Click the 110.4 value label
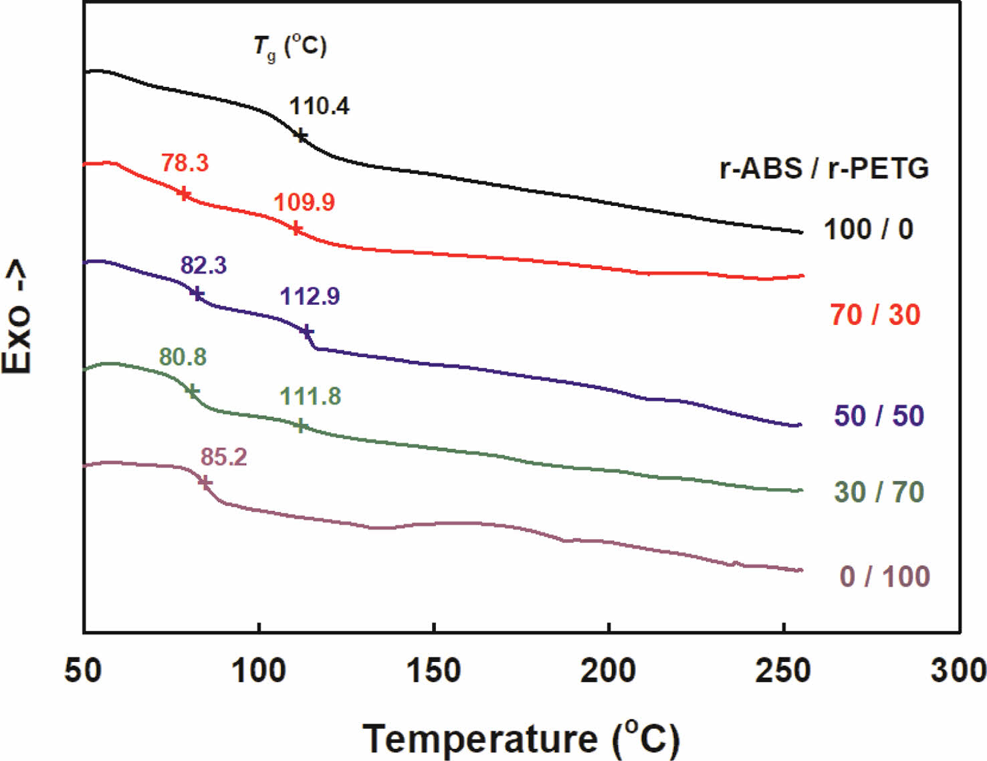tap(319, 106)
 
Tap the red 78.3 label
tap(185, 162)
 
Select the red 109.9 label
tap(304, 202)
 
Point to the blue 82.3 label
tap(203, 265)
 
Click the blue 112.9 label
tap(310, 296)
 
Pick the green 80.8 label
tap(183, 357)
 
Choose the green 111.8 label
tap(310, 397)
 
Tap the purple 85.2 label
tap(224, 457)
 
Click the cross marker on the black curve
tap(301, 136)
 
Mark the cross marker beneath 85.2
tap(205, 482)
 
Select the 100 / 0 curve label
tap(868, 229)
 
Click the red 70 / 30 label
tap(875, 315)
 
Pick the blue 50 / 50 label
tap(879, 416)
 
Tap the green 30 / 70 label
tap(879, 492)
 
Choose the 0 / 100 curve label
tap(885, 576)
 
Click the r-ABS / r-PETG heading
tap(824, 169)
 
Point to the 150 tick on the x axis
tap(434, 670)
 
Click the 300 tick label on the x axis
tap(959, 670)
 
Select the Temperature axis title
tap(522, 739)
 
